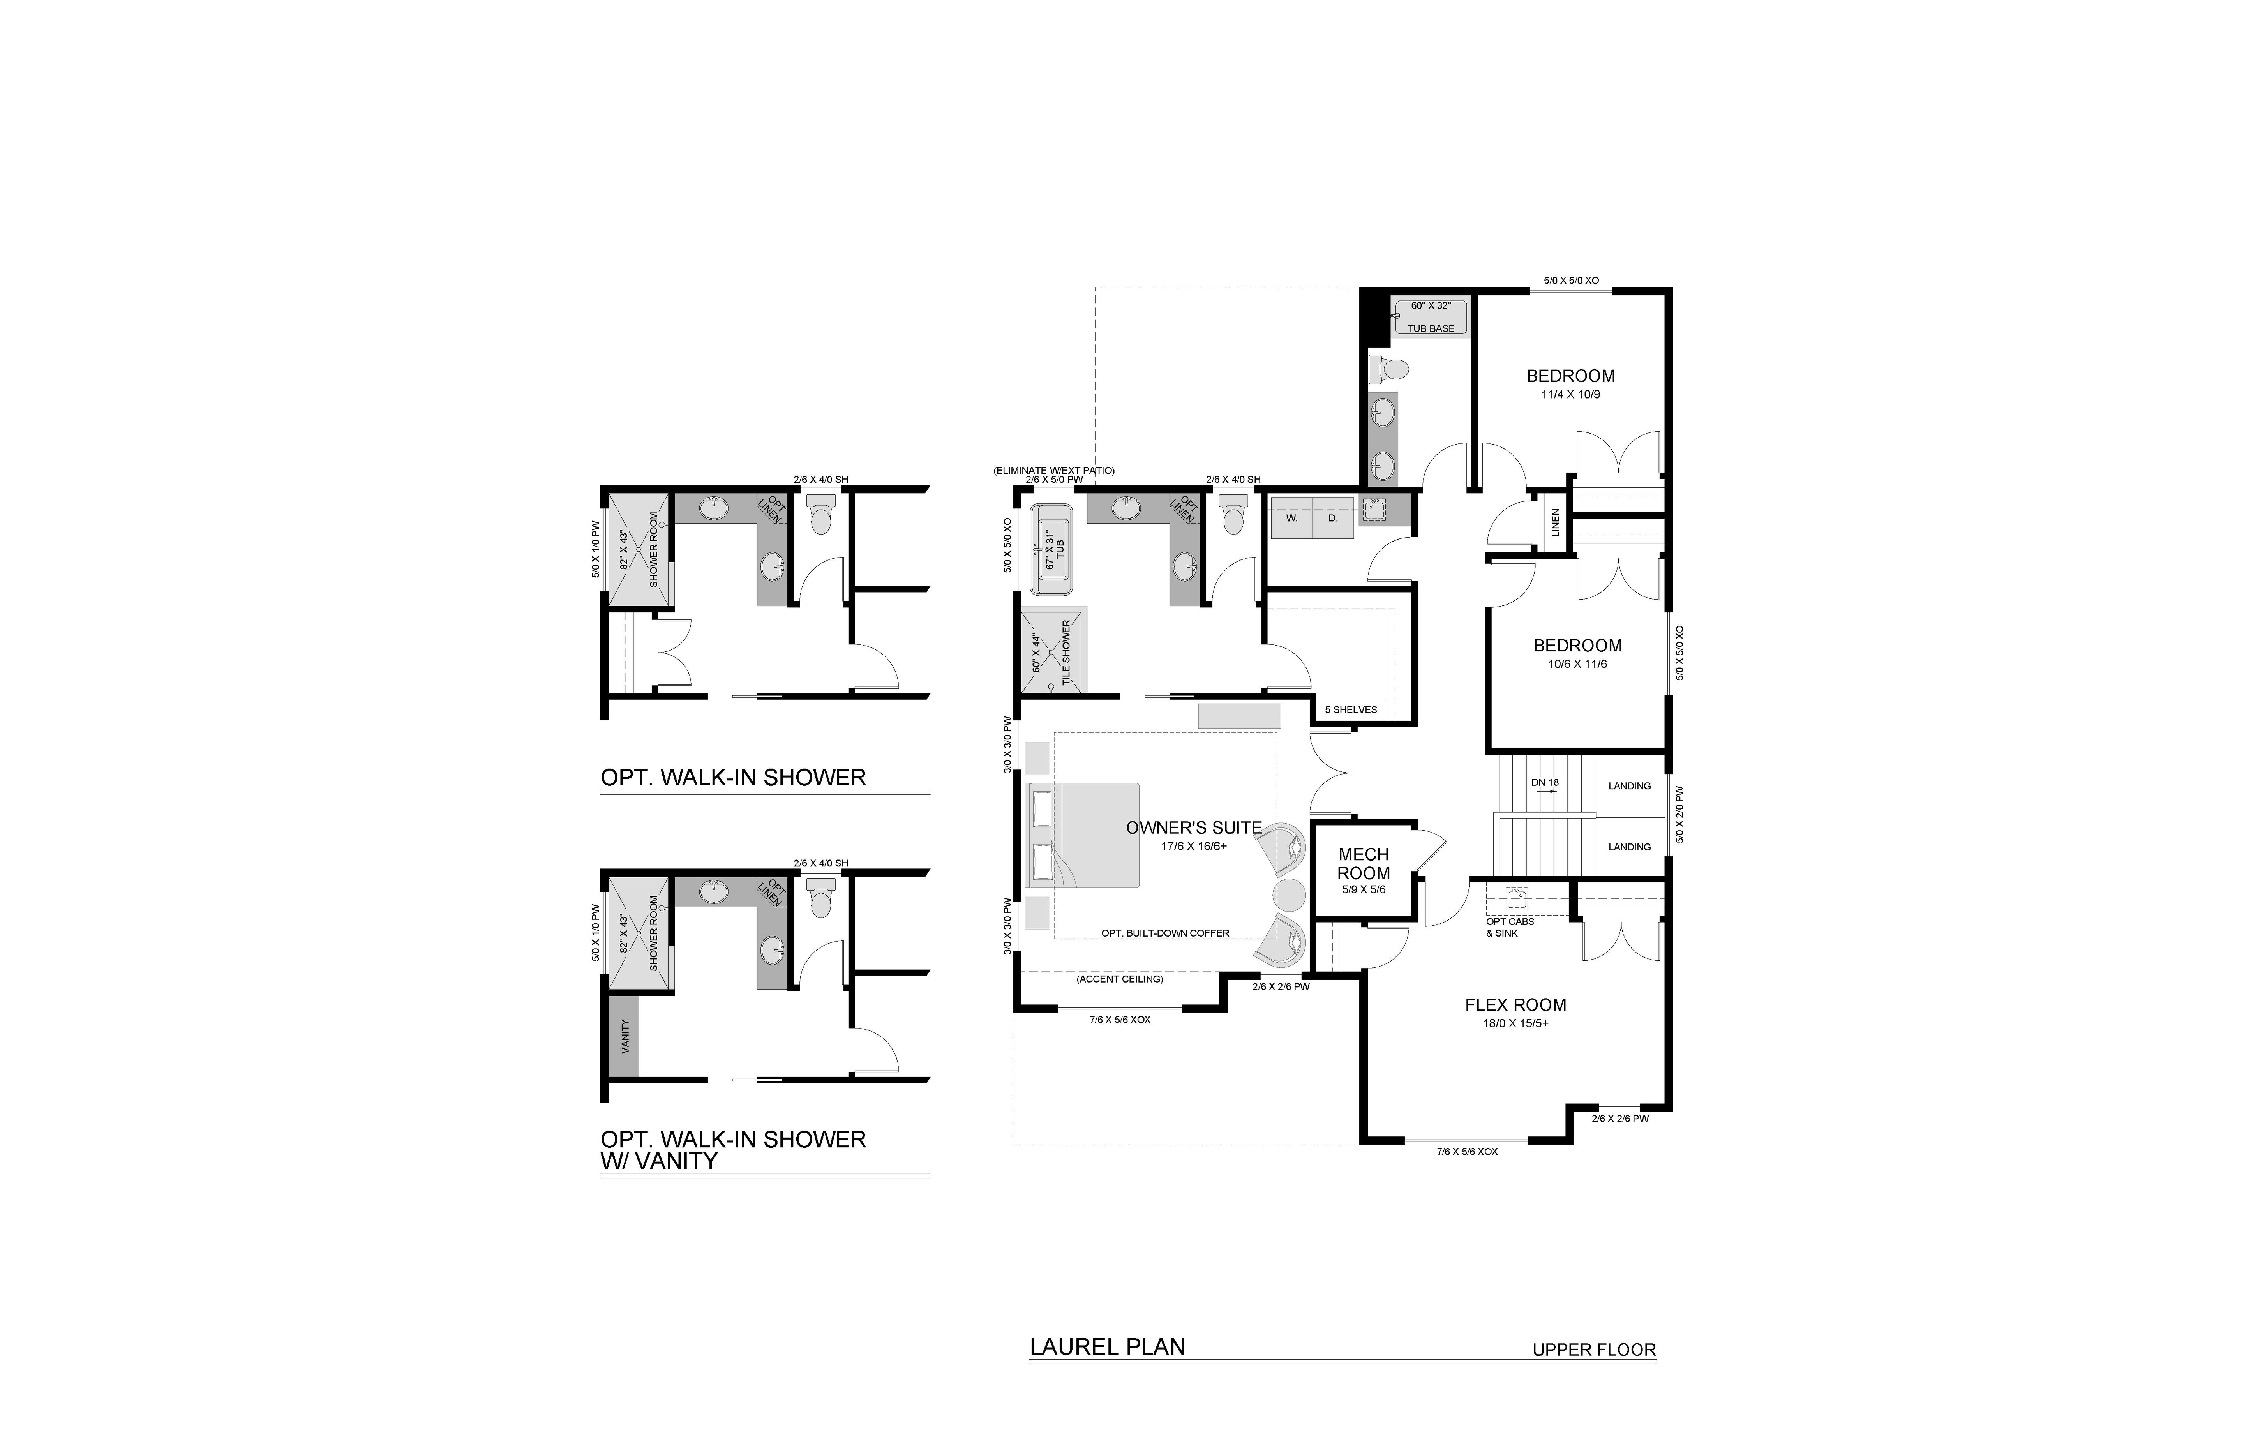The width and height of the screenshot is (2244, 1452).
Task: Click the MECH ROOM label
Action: click(1364, 864)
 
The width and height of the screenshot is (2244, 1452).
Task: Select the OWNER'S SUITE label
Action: click(1194, 828)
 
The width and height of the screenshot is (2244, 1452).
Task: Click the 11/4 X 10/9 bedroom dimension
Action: click(1571, 394)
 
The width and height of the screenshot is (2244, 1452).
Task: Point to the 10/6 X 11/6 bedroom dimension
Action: click(1577, 664)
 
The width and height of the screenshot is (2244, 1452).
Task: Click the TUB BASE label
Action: click(1431, 328)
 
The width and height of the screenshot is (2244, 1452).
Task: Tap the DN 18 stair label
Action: click(1545, 783)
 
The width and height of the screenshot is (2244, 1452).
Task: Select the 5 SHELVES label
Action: click(1351, 710)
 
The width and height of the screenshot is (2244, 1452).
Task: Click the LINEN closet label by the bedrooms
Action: click(1556, 522)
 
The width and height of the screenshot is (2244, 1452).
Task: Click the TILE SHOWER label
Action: click(1066, 651)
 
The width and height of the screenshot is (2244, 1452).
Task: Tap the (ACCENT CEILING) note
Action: click(1120, 979)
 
